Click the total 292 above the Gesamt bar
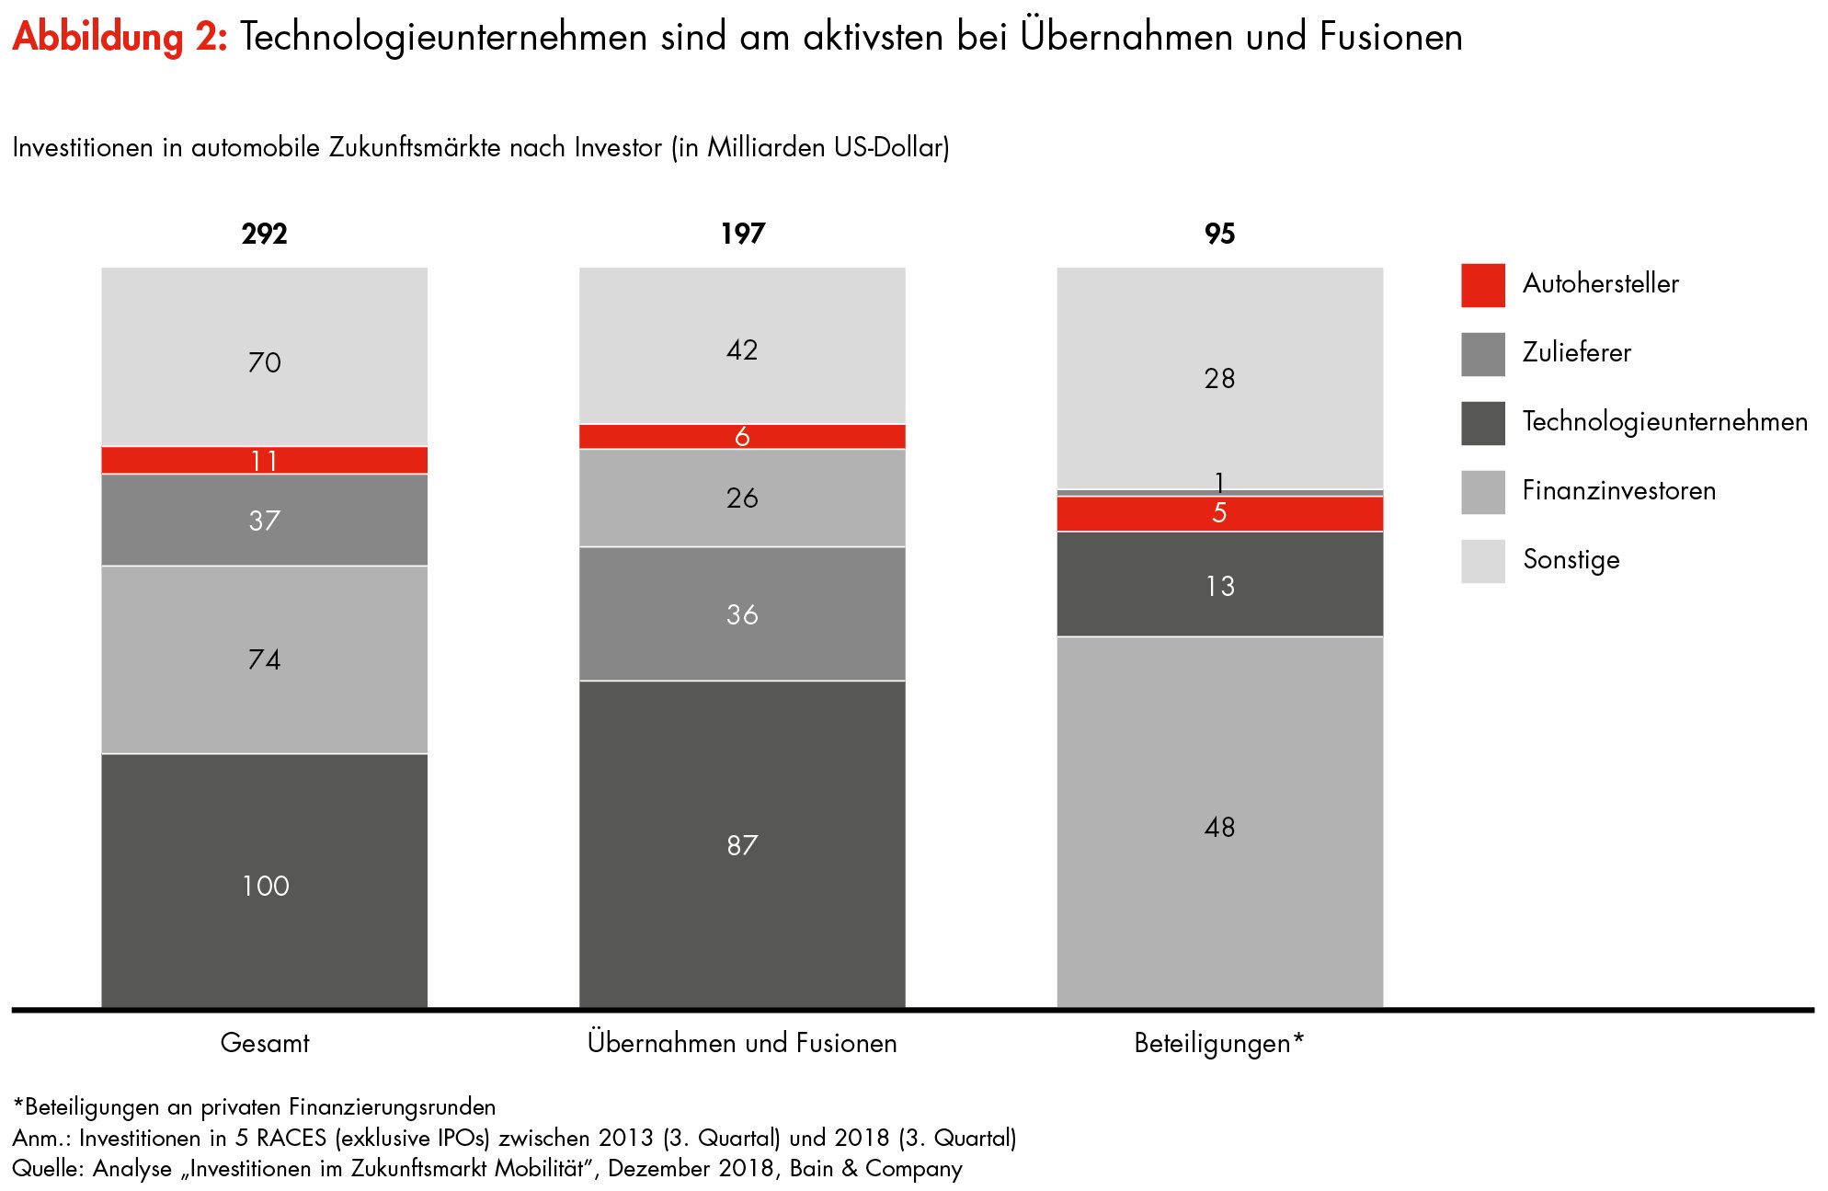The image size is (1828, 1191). point(264,234)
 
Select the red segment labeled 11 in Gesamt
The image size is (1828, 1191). point(264,460)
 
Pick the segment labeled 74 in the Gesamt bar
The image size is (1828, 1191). point(264,659)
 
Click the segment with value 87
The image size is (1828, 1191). point(742,844)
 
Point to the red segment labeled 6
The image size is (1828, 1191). point(742,437)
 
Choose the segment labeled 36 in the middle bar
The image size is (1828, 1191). point(742,613)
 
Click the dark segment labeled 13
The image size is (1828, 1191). point(1219,585)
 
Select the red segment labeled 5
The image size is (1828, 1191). point(1219,513)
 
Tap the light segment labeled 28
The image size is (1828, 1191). point(1219,378)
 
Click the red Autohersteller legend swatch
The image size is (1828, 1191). point(1482,285)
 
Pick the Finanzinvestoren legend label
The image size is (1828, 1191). point(1618,491)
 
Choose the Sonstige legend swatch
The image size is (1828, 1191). point(1482,561)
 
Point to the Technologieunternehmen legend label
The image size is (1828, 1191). point(1664,422)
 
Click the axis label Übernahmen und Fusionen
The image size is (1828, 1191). point(742,1043)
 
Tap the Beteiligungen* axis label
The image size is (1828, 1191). point(1219,1043)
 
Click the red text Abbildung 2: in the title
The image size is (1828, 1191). point(120,38)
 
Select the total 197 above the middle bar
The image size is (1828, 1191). point(742,234)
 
